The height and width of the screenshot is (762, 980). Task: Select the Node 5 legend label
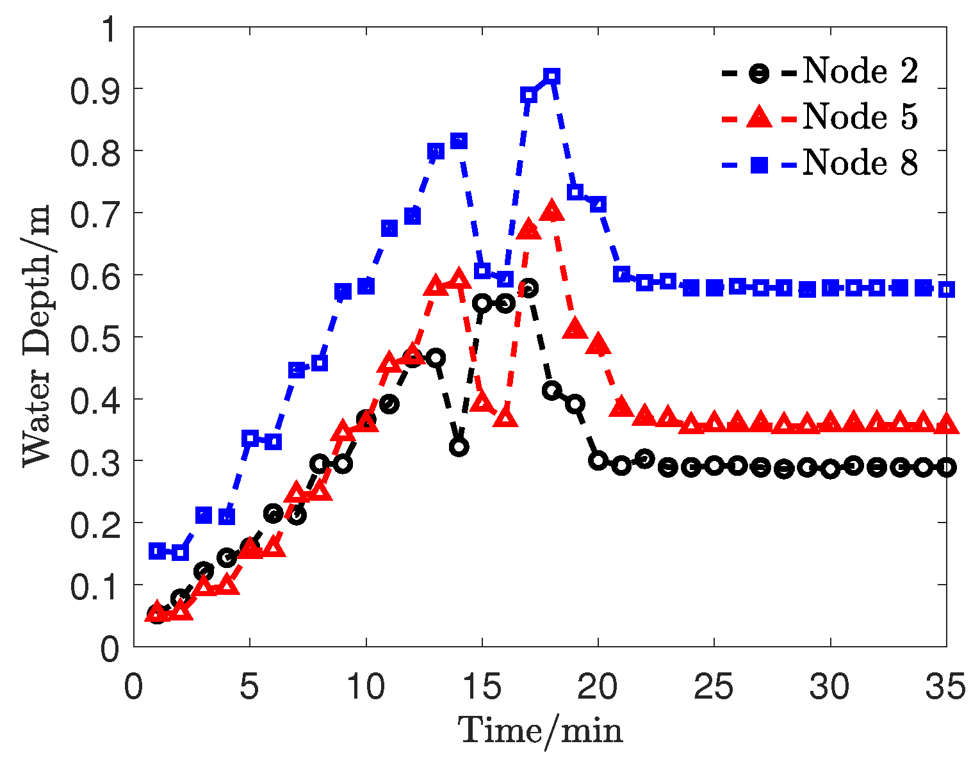860,117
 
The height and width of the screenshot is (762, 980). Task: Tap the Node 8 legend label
860,163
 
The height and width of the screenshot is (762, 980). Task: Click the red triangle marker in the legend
759,117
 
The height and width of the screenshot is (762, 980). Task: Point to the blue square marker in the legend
759,164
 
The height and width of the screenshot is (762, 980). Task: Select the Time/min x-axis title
540,729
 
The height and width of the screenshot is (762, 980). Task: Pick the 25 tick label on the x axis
715,688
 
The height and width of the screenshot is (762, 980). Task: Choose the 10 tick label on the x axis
366,688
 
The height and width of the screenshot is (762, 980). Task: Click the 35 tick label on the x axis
945,688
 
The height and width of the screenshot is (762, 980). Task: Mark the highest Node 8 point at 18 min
551,76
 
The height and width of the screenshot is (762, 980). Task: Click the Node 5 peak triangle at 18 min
551,212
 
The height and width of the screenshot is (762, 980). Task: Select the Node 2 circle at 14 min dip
459,447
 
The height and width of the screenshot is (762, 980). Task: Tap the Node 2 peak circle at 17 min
528,288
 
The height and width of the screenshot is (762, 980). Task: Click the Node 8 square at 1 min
157,551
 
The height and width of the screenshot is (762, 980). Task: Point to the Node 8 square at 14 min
459,141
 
